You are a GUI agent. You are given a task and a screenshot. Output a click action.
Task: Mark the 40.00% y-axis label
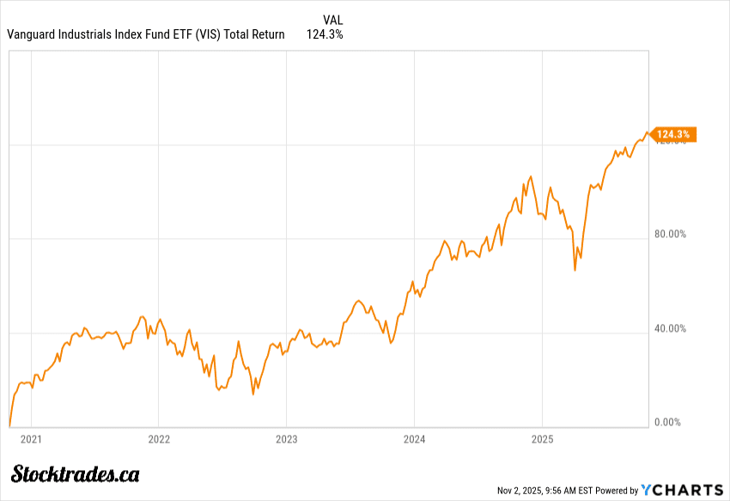pyautogui.click(x=670, y=328)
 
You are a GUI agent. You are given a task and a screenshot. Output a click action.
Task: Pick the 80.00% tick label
pyautogui.click(x=670, y=234)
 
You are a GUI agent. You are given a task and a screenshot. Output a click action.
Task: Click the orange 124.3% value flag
pyautogui.click(x=672, y=134)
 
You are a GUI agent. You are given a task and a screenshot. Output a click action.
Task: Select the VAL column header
pyautogui.click(x=333, y=20)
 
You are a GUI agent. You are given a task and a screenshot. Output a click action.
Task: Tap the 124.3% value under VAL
pyautogui.click(x=325, y=34)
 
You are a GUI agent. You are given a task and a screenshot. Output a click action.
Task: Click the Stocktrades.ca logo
pyautogui.click(x=76, y=474)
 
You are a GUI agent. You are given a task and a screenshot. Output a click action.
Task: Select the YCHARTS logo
pyautogui.click(x=684, y=490)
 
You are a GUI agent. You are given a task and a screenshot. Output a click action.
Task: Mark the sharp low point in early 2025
pyautogui.click(x=575, y=270)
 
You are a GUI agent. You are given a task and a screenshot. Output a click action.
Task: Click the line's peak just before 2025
pyautogui.click(x=532, y=176)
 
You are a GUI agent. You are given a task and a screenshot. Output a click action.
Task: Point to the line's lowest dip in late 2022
pyautogui.click(x=252, y=394)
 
